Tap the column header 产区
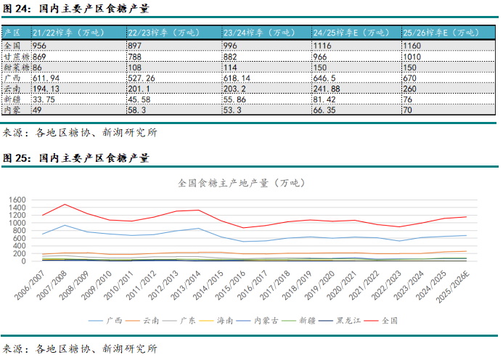click(x=12, y=33)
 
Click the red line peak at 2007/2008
click(x=65, y=204)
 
